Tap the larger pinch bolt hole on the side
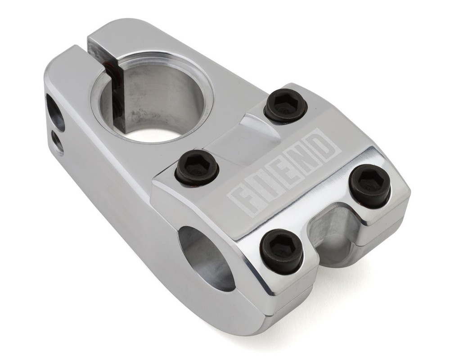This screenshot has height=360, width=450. (55, 112)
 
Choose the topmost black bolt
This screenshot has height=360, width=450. (285, 107)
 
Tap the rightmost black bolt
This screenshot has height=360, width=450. (370, 184)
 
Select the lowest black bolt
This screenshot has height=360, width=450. (281, 251)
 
